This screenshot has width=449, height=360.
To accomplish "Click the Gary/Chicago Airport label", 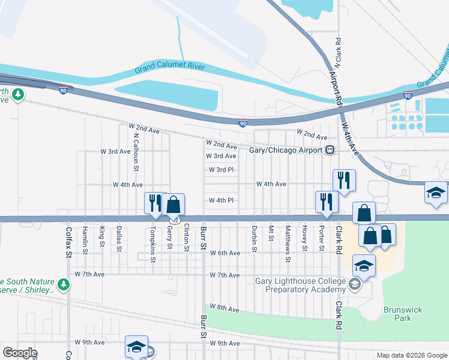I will tap(286, 150).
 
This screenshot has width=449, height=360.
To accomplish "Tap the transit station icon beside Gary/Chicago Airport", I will tap(330, 150).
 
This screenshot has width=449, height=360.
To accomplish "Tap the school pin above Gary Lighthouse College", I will tap(364, 265).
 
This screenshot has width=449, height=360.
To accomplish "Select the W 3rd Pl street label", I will tap(221, 170).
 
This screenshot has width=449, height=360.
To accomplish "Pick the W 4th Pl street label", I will tap(221, 200).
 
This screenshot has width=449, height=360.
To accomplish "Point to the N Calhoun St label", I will tap(136, 145).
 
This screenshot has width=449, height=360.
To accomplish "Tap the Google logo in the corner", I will tap(20, 353).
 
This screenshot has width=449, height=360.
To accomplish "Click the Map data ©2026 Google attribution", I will tap(411, 355).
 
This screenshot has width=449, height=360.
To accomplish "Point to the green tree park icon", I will tap(19, 94).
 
